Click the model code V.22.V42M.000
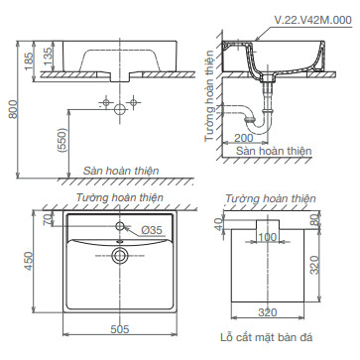click(313, 20)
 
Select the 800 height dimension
click(13, 109)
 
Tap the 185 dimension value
click(29, 60)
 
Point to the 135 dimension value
click(48, 56)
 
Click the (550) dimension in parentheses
click(62, 140)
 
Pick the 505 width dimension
click(119, 329)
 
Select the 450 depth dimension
click(29, 261)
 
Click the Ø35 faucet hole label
click(152, 230)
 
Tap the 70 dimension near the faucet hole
click(48, 219)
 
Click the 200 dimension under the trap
click(243, 138)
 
